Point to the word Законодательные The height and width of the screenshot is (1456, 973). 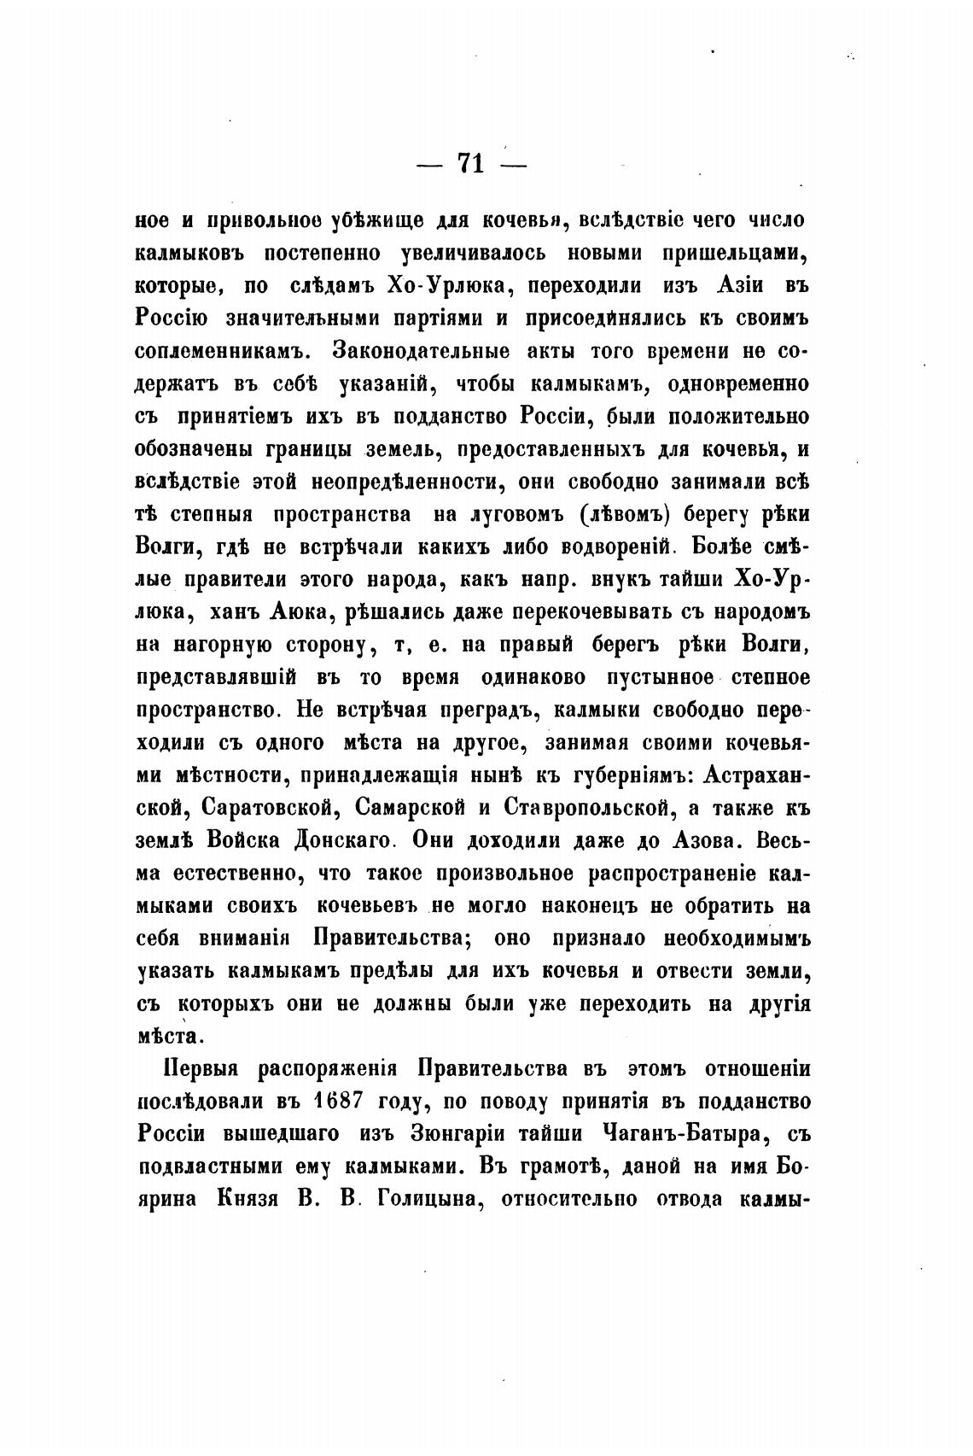tap(422, 351)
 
